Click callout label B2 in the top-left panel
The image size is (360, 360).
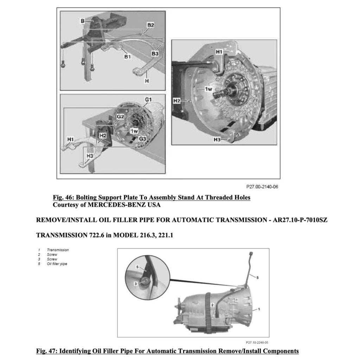click(x=150, y=25)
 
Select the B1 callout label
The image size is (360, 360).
click(x=127, y=56)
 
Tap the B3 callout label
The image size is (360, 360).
click(x=155, y=53)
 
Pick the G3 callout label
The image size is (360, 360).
click(x=142, y=139)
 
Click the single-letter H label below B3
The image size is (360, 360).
click(x=147, y=81)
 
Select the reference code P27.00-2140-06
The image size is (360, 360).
click(x=262, y=187)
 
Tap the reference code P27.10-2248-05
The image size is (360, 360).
click(x=257, y=342)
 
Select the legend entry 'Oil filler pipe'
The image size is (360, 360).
click(x=57, y=264)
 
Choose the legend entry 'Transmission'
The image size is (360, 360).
click(x=58, y=250)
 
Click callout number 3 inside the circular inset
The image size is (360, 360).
click(x=135, y=283)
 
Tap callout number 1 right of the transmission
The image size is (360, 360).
click(x=259, y=309)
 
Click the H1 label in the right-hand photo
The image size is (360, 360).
click(x=220, y=52)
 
